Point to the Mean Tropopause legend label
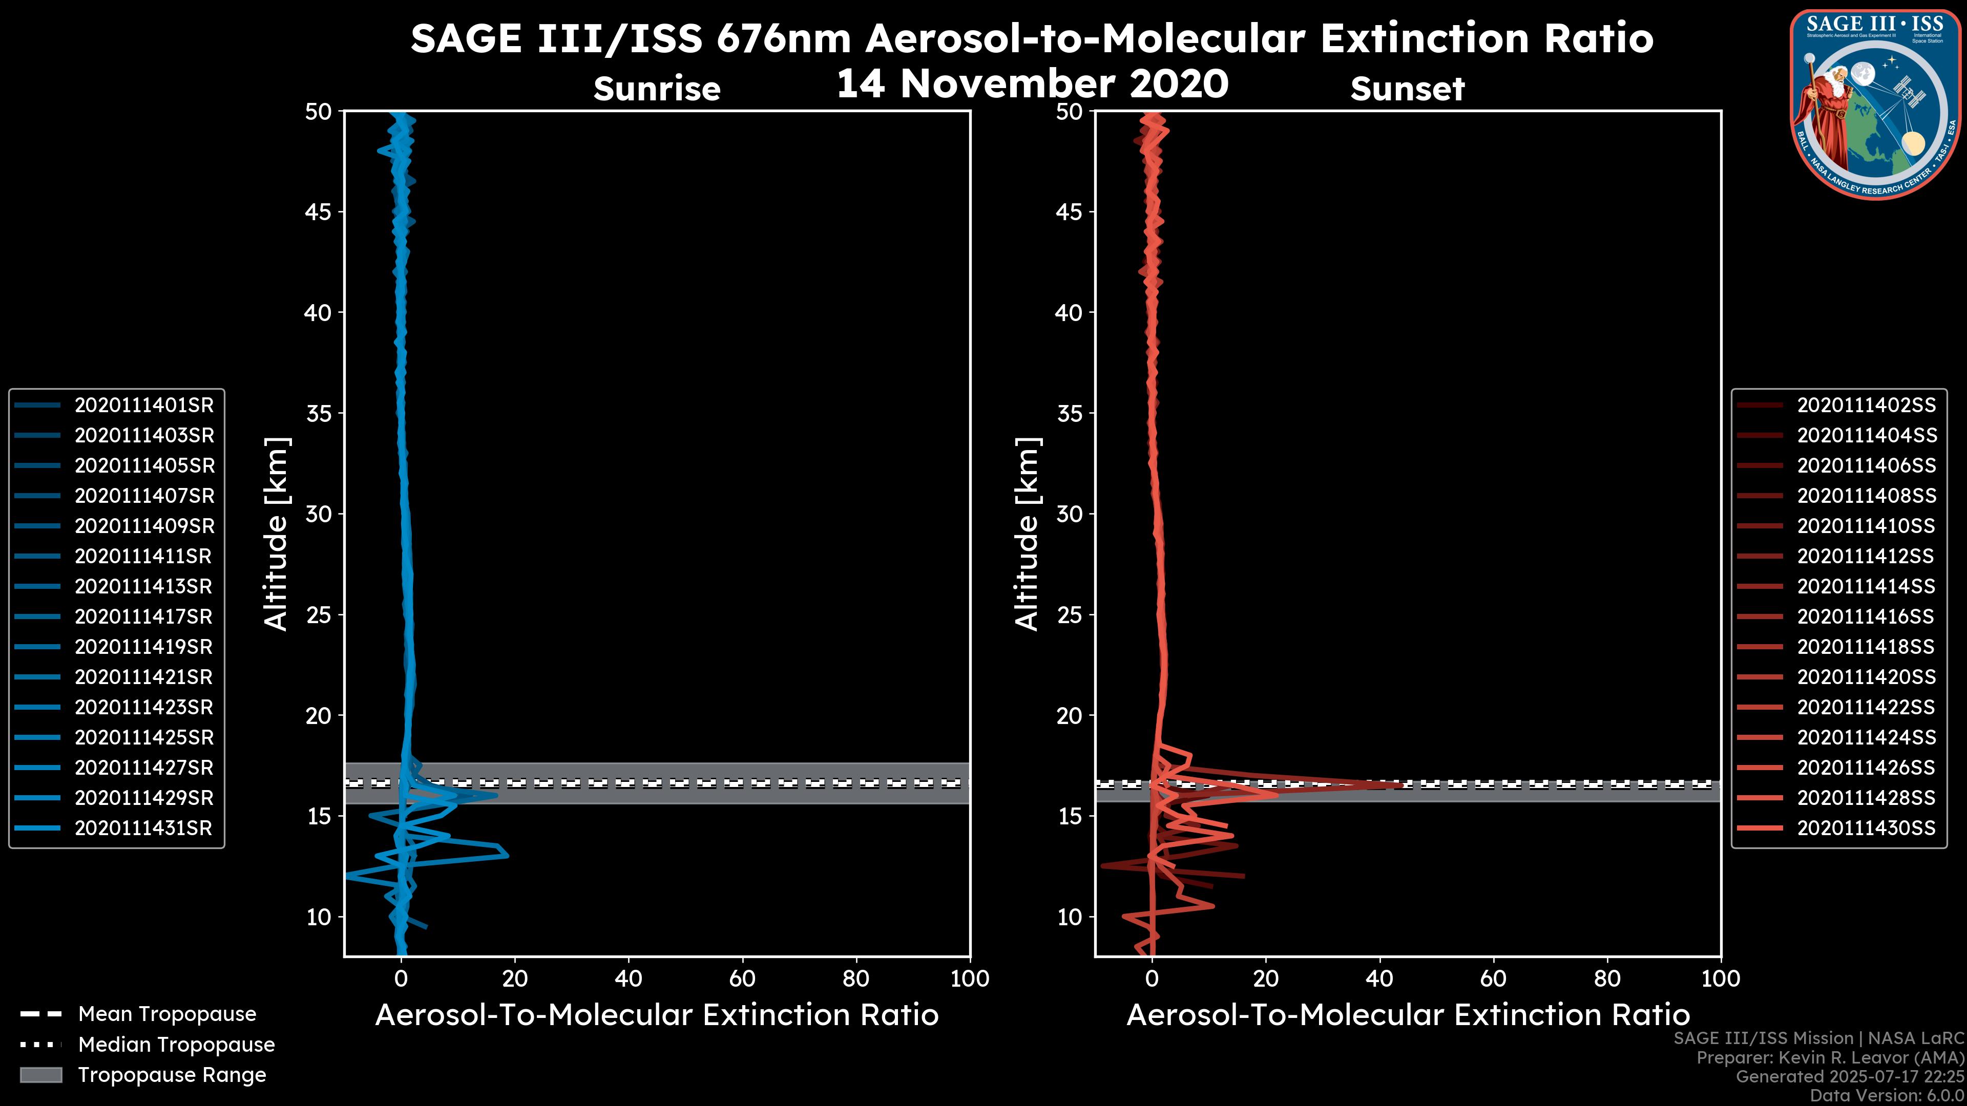pos(167,1014)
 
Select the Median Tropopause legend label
pos(176,1045)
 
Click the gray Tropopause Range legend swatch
pos(41,1075)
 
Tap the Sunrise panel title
pos(657,89)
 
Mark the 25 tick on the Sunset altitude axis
pos(1069,615)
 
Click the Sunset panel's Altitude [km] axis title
pos(1027,534)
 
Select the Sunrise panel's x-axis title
pos(657,1016)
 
